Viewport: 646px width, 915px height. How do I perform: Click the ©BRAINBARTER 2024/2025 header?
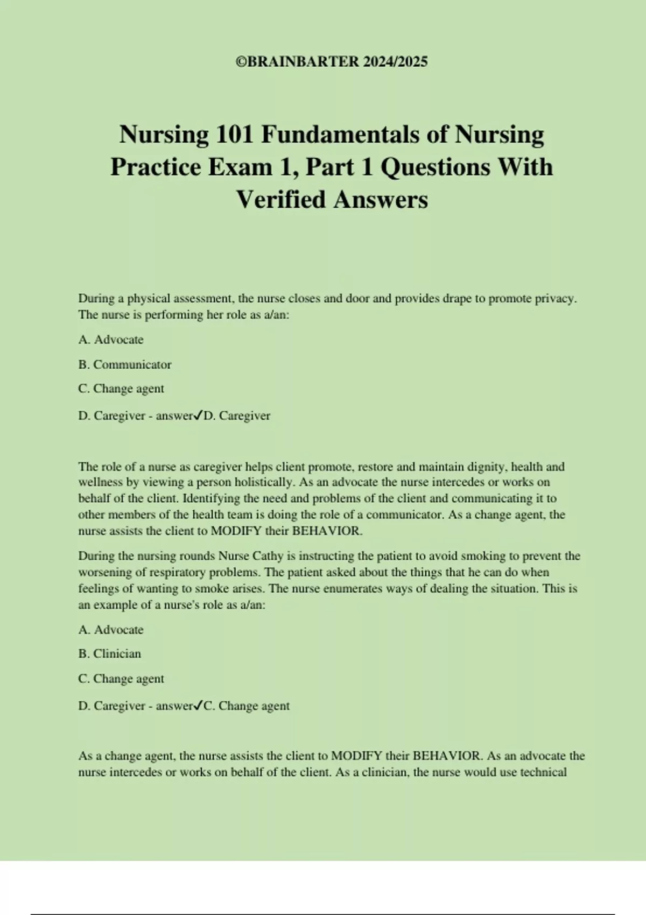click(x=332, y=62)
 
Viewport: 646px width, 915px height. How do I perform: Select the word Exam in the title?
click(x=240, y=167)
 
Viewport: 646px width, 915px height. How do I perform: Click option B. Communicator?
click(x=125, y=364)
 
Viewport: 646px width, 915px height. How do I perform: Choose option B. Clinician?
click(x=110, y=653)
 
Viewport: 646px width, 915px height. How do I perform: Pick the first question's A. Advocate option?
click(x=111, y=340)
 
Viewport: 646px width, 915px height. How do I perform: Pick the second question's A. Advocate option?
click(x=111, y=629)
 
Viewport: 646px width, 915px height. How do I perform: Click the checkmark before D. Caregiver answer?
click(x=198, y=415)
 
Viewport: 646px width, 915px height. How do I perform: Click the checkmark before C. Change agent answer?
click(x=198, y=705)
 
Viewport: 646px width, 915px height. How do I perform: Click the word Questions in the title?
click(x=436, y=167)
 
